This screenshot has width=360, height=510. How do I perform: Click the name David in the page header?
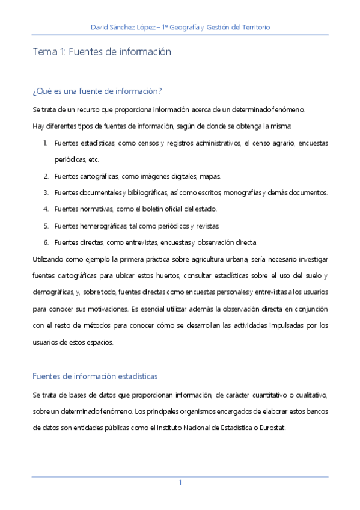[x=100, y=28]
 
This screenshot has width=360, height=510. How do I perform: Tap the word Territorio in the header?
[x=254, y=28]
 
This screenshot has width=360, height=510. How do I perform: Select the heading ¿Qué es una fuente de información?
[x=97, y=91]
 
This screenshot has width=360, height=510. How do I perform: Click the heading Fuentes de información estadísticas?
[x=95, y=376]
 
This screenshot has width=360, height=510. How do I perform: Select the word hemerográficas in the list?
[x=103, y=226]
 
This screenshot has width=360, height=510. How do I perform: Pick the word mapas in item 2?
[x=210, y=176]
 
